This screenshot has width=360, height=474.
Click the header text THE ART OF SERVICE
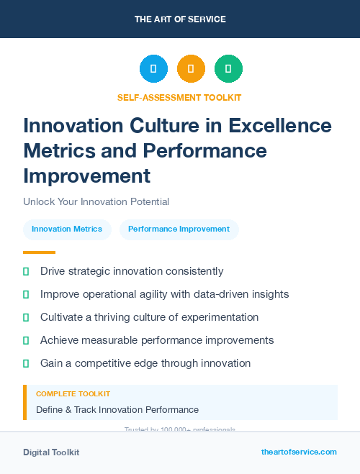coord(180,19)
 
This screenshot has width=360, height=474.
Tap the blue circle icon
coord(153,69)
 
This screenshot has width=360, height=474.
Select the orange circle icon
coord(191,69)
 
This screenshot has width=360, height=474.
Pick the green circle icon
coord(228,69)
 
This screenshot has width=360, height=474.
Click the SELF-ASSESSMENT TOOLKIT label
coord(179,97)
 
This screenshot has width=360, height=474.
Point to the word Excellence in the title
coord(280,126)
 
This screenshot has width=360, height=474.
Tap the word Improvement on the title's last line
coord(86,176)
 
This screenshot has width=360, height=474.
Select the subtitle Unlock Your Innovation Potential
coord(96,201)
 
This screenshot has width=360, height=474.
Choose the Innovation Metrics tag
coord(67,229)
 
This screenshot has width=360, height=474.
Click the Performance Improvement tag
coord(179,229)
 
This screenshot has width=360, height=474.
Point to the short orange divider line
coord(39,252)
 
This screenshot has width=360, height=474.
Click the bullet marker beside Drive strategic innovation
coord(26,272)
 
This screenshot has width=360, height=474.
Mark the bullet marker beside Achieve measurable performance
coord(26,340)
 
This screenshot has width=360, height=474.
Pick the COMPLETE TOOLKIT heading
coord(73,394)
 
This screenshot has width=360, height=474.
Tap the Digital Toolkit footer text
coord(51,452)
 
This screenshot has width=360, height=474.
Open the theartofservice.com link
coord(299,452)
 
